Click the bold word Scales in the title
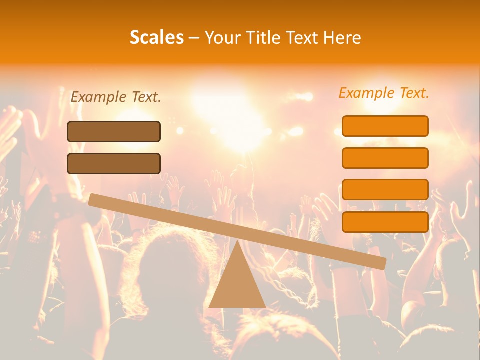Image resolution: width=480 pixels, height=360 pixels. [x=156, y=37]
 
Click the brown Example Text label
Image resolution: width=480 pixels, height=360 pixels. [x=116, y=97]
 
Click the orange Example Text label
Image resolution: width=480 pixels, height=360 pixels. [x=384, y=93]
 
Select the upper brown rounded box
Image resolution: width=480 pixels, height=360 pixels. [x=114, y=131]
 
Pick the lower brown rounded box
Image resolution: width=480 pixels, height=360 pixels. [x=114, y=163]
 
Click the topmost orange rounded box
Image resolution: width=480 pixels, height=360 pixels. [x=385, y=126]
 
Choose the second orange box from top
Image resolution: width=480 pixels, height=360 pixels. [x=385, y=158]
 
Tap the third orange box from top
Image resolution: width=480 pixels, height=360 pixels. [x=385, y=190]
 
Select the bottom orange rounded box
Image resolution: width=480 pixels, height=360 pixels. [x=385, y=222]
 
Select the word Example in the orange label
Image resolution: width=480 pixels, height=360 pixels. [x=367, y=93]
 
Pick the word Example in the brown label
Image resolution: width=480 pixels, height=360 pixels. [x=98, y=97]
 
